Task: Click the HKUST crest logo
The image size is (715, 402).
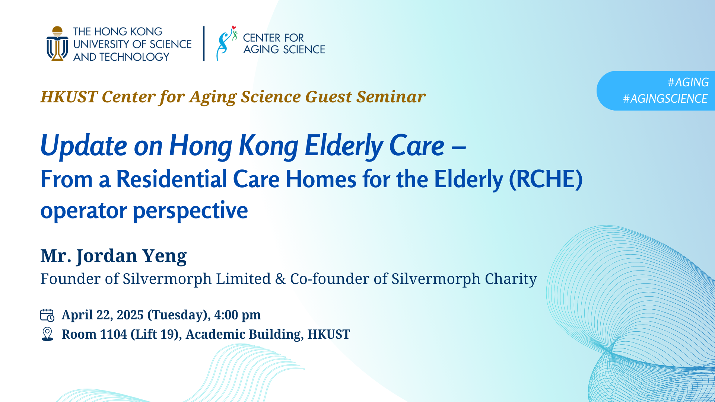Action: click(x=57, y=44)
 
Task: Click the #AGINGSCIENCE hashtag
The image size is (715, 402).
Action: click(x=665, y=99)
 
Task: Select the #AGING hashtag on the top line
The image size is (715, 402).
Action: click(x=688, y=82)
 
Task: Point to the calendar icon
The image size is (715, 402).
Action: click(x=47, y=315)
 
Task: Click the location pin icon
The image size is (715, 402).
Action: click(x=47, y=334)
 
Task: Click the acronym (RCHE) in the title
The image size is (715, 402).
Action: click(x=546, y=179)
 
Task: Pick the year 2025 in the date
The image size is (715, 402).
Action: click(x=130, y=315)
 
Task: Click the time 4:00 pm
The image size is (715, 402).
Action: click(x=237, y=315)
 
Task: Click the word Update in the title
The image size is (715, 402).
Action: click(x=84, y=146)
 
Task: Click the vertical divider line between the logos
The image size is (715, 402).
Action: click(x=204, y=43)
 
